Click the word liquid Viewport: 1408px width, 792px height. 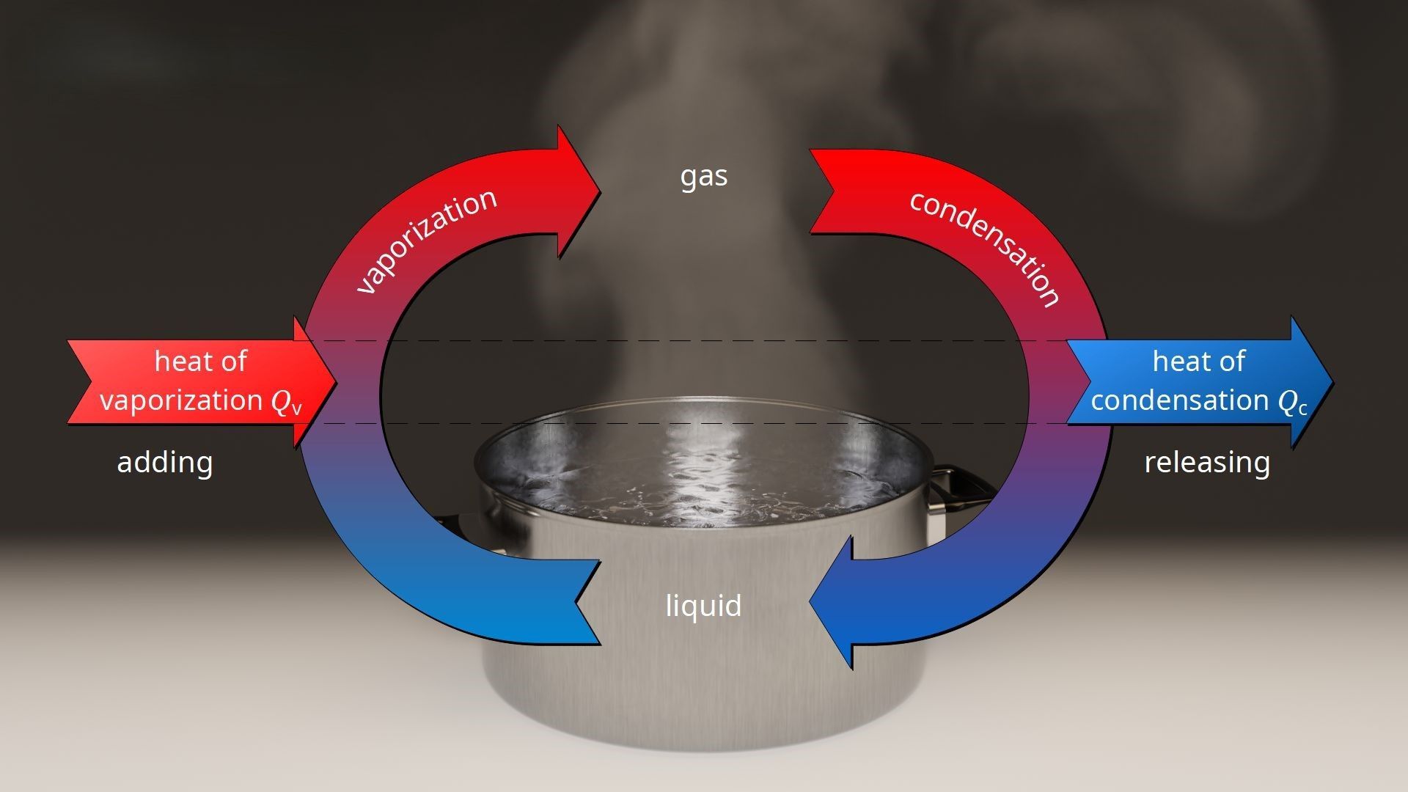click(703, 606)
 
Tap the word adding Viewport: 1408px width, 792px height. click(165, 463)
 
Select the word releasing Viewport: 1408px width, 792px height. click(1207, 463)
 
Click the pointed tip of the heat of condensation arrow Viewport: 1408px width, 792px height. click(1332, 382)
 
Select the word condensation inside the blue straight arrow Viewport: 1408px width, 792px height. click(1180, 400)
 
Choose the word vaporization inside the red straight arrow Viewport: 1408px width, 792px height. click(181, 401)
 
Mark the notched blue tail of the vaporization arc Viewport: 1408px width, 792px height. click(587, 603)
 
